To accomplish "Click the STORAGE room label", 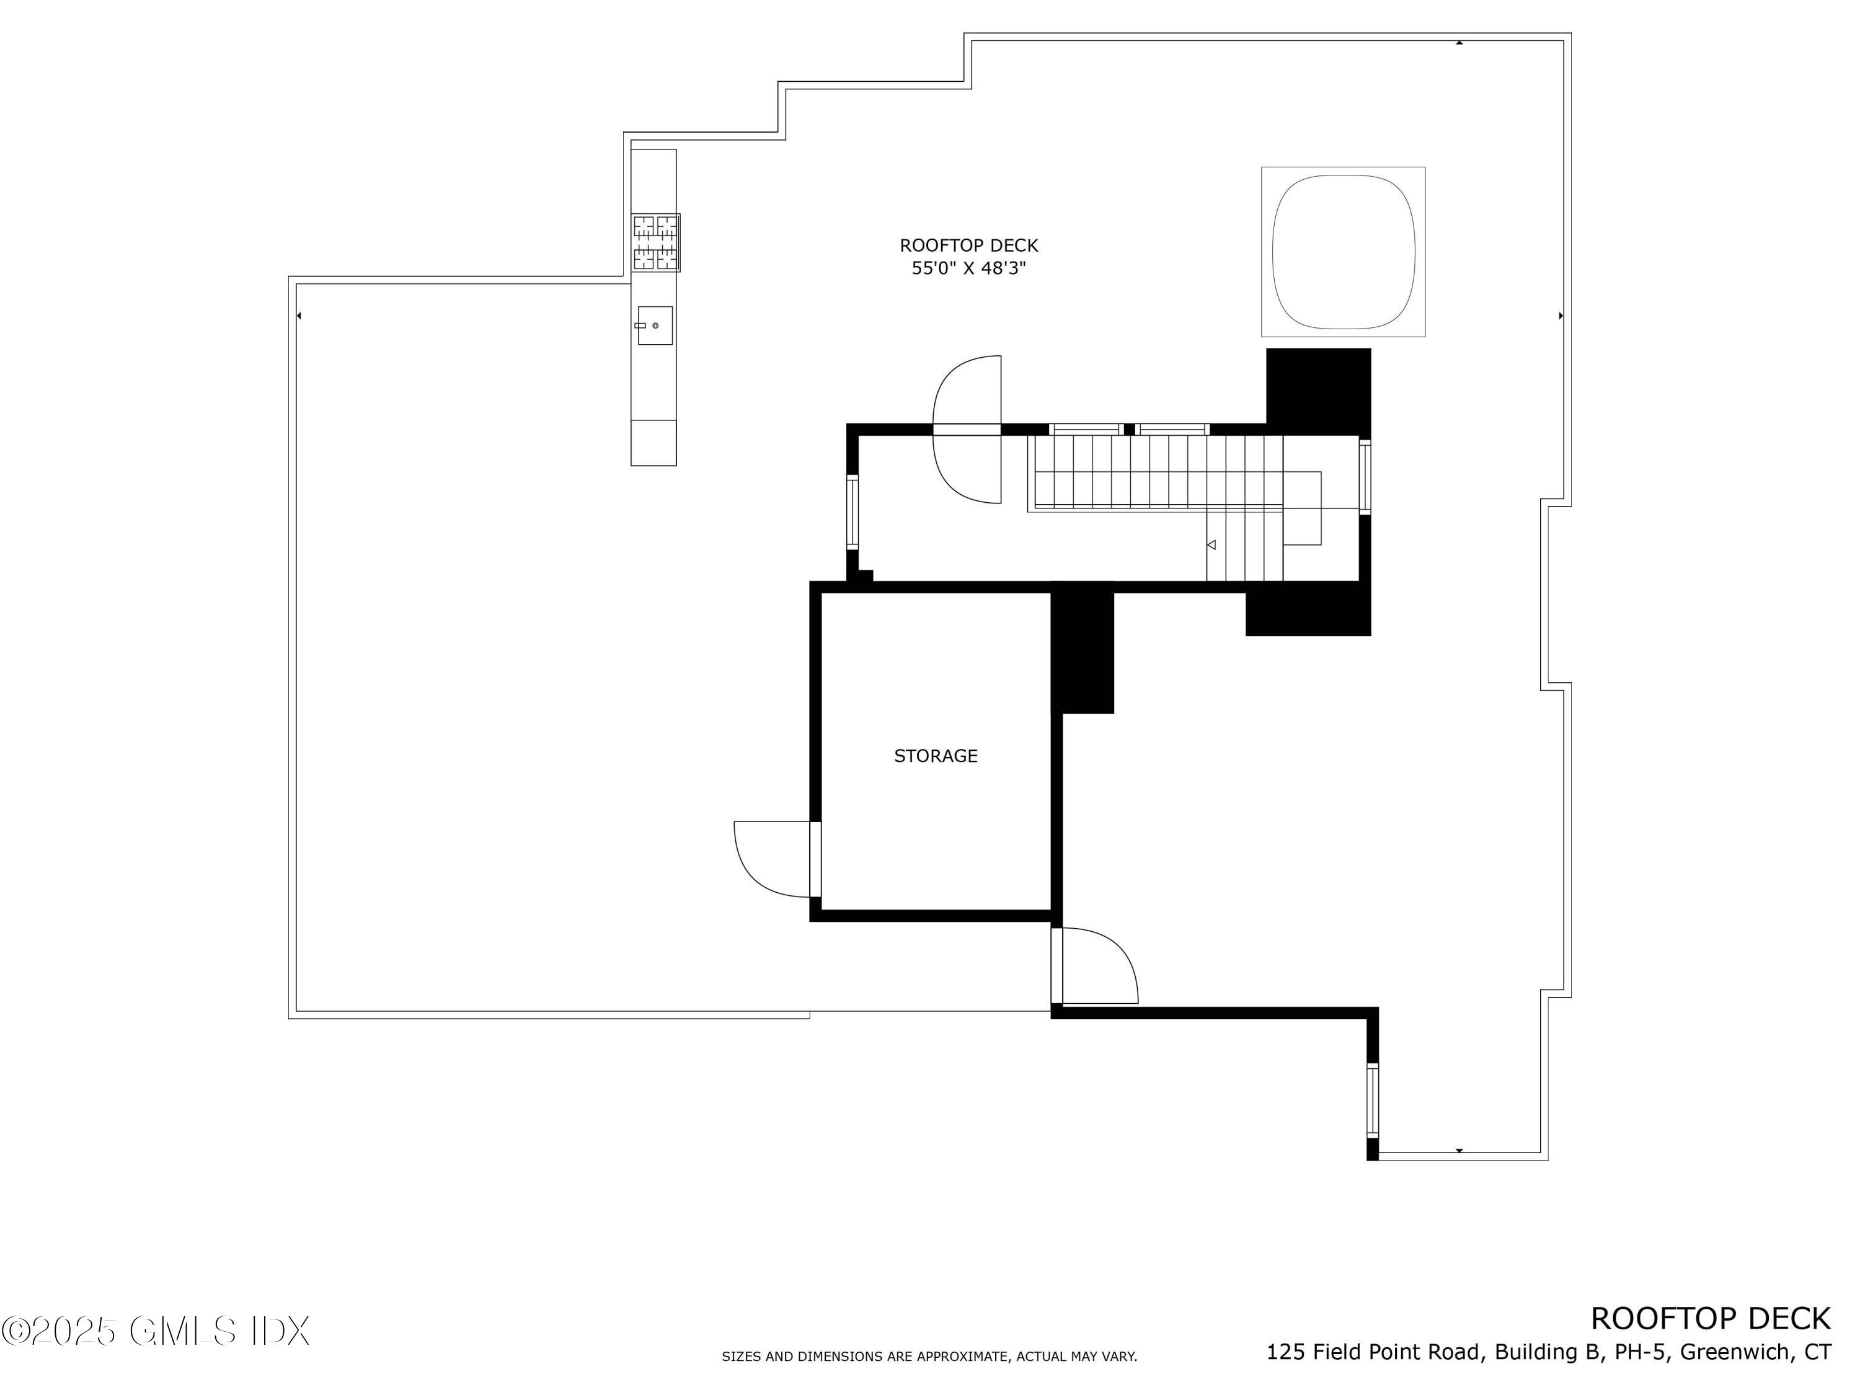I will point(935,756).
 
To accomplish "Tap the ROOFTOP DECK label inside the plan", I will point(968,246).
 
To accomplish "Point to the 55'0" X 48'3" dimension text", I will point(968,268).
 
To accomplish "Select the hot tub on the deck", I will point(1342,252).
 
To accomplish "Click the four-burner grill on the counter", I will point(655,243).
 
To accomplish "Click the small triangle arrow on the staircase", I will point(1211,545).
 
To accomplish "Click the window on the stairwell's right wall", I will point(1364,477).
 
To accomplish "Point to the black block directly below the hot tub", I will point(1317,389).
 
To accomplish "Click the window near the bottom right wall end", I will point(1372,1100).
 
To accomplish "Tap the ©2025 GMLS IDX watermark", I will point(156,1331).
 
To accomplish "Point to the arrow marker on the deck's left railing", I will point(299,316).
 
